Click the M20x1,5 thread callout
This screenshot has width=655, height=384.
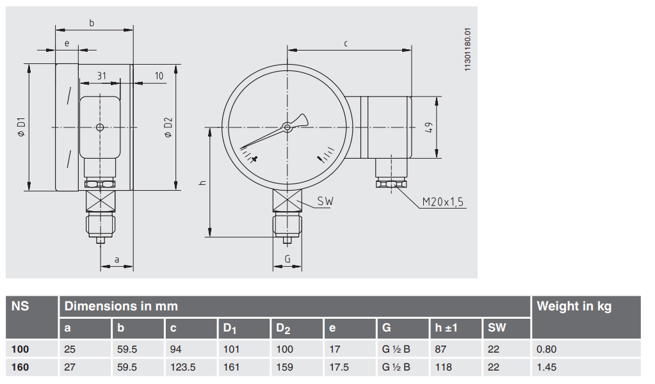pos(443,202)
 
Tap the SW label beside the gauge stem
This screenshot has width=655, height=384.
pos(326,202)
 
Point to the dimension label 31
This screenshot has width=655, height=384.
pos(101,76)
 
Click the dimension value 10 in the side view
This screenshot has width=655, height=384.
pos(159,76)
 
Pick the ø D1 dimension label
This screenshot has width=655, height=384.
pos(21,127)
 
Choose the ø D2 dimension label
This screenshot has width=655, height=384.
pos(168,127)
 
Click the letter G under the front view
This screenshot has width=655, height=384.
pos(287,259)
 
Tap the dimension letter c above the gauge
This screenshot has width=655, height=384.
pos(346,44)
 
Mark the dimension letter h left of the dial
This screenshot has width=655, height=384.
pos(202,182)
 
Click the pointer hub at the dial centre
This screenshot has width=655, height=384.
pos(287,128)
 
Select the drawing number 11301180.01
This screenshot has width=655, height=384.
pos(467,49)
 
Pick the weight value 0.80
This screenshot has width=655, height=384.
pos(547,349)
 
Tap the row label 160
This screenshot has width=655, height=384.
pos(21,367)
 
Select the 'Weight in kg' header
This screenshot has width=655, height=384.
pos(574,307)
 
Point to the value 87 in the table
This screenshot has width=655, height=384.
pos(441,349)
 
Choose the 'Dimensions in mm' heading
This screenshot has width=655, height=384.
pos(121,307)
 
